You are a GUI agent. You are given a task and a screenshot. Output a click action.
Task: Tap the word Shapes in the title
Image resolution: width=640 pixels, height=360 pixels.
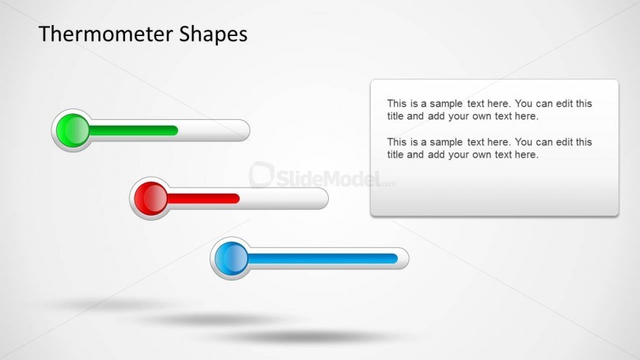pos(213,35)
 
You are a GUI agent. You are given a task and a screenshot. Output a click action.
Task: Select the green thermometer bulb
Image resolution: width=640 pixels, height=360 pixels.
pos(73,130)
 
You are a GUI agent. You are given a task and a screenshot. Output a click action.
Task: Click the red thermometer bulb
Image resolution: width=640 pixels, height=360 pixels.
pos(151,199)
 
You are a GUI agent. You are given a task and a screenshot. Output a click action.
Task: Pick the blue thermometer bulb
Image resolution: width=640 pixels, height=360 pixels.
pos(232,258)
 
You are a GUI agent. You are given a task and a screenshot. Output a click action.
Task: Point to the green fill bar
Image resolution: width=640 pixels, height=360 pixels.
pos(133,130)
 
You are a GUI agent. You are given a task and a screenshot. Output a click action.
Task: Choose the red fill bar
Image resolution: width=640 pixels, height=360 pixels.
pos(203,199)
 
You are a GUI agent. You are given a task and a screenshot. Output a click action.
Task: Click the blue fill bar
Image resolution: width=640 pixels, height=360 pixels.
pos(322,258)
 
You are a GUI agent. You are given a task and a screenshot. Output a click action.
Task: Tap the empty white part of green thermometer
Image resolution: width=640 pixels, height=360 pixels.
pos(213,130)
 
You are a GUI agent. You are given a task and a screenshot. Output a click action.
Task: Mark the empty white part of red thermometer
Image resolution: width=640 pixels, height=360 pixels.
pos(283,199)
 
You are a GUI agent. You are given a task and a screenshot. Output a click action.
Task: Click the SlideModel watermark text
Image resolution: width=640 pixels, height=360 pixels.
pos(329,178)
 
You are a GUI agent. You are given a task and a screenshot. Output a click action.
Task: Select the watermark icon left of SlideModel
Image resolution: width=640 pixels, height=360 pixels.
pos(261,174)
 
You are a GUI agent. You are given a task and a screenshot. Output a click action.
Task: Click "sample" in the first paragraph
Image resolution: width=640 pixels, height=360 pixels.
pos(446,105)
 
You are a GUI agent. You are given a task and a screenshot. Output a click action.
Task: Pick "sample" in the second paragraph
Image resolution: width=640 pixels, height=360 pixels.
pos(446,143)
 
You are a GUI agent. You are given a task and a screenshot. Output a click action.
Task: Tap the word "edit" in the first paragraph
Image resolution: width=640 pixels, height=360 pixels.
pos(564,103)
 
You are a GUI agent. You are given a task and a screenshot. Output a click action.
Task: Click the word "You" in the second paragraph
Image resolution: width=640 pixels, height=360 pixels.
pos(524,142)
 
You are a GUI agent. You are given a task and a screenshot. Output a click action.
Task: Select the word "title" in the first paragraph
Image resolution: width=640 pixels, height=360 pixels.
pos(395,116)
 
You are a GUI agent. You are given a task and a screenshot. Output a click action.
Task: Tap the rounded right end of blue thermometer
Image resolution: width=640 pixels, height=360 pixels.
pos(403,258)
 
